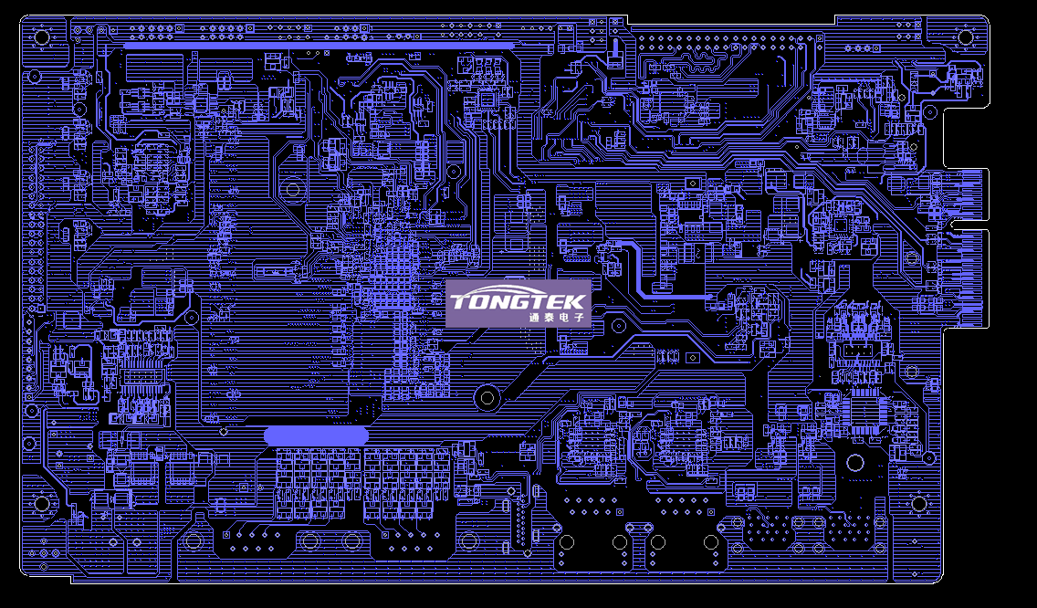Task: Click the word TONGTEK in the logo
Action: (518, 300)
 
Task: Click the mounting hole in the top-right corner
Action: (965, 37)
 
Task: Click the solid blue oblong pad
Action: (317, 436)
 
